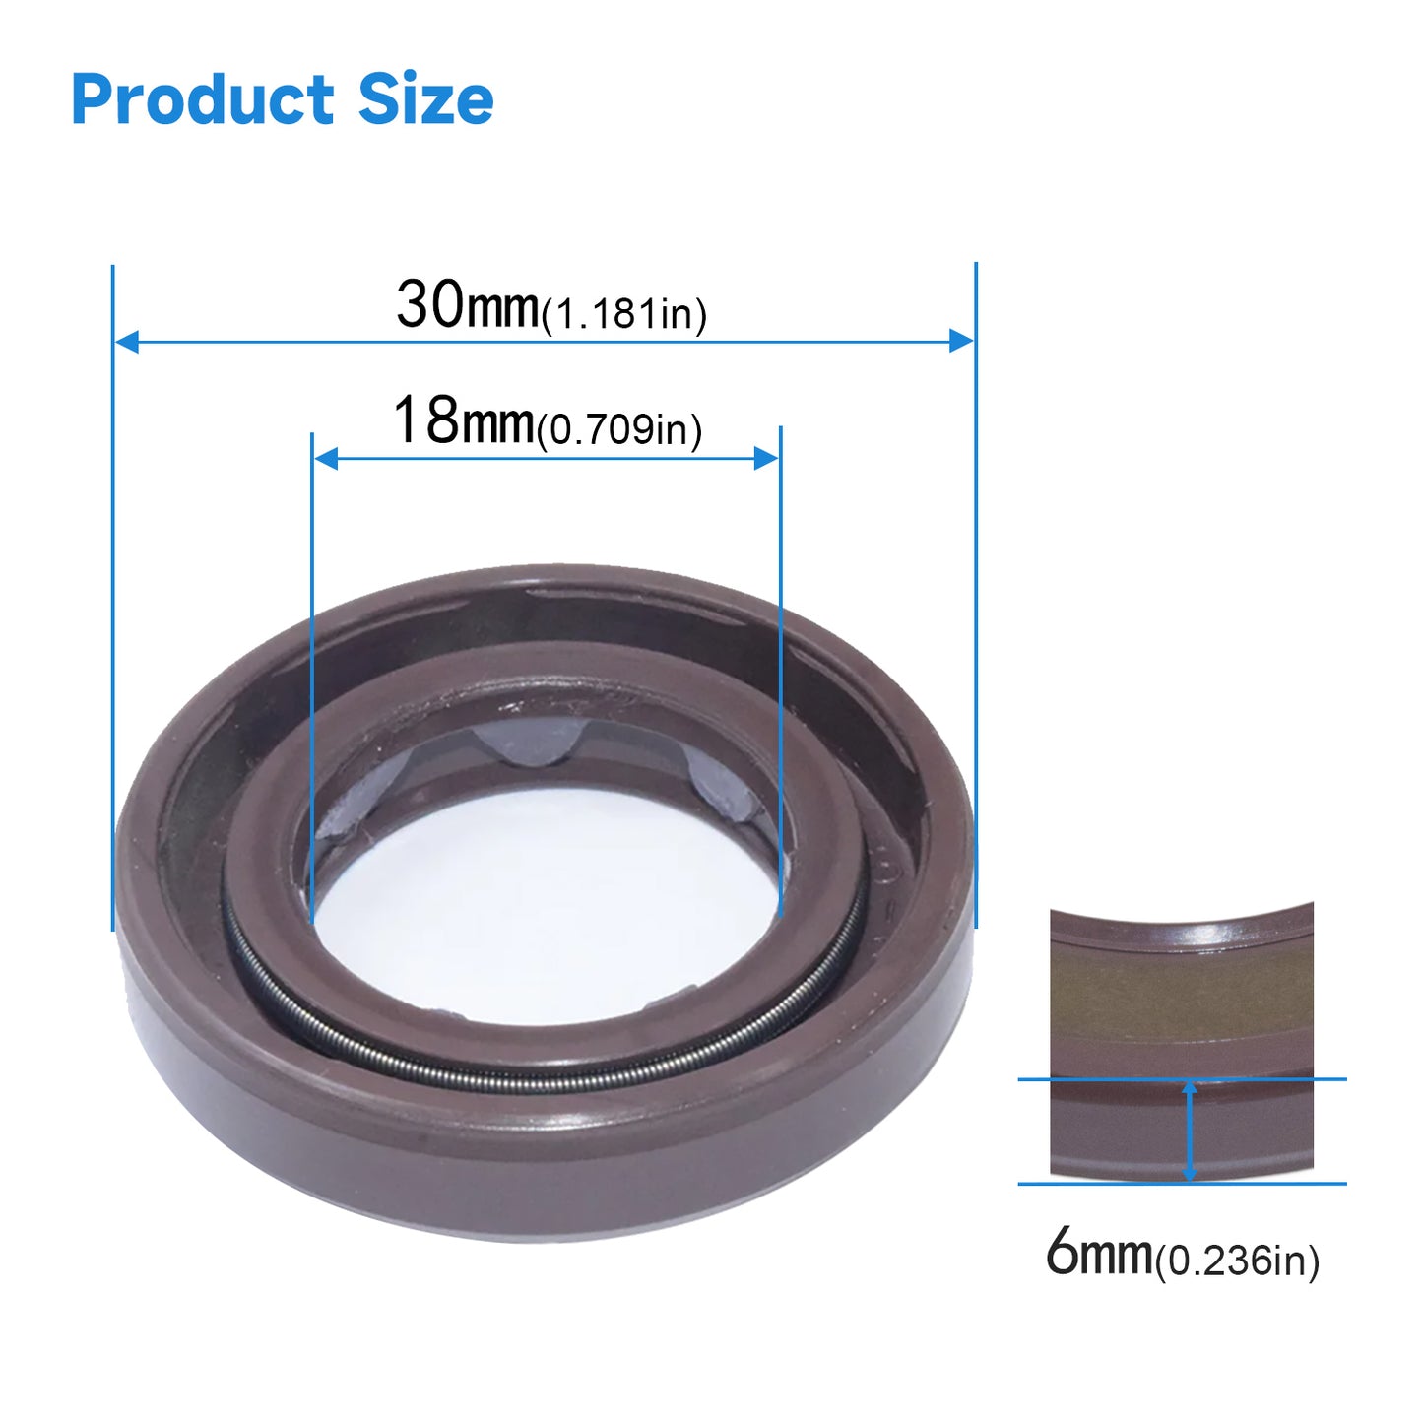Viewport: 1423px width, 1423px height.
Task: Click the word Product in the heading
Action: click(203, 99)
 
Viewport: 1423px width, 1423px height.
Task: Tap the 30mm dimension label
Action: click(468, 304)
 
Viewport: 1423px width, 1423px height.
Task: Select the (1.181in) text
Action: click(624, 314)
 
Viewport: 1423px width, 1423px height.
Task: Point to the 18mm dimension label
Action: click(463, 420)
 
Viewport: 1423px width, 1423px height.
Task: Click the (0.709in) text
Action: click(618, 429)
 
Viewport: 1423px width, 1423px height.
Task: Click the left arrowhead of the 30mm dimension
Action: click(127, 342)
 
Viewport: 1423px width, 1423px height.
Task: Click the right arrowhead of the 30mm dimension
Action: click(961, 341)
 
